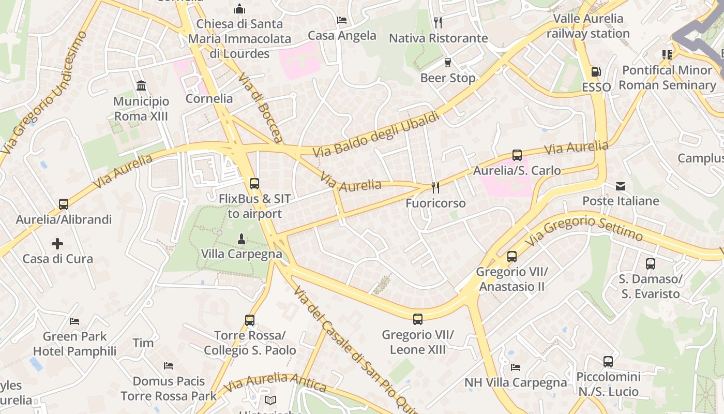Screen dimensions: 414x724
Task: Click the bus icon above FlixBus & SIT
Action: (254, 183)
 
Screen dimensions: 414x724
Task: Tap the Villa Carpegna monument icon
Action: (240, 239)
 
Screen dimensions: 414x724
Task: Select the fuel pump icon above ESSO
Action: (596, 72)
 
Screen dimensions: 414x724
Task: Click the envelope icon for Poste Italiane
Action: (620, 186)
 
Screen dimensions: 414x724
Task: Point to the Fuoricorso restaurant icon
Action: (435, 188)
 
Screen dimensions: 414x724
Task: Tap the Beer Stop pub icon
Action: (448, 63)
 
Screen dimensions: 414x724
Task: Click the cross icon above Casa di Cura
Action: (57, 243)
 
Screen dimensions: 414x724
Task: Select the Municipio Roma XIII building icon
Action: (141, 85)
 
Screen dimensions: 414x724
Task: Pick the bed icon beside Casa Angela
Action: (342, 20)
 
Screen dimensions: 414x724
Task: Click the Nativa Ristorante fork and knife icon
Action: (438, 23)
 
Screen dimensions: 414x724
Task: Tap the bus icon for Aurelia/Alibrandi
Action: (63, 204)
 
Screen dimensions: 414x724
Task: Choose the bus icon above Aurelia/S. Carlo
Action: (517, 155)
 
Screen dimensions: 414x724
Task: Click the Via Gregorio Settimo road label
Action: (584, 229)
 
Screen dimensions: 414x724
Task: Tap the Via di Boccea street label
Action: (260, 108)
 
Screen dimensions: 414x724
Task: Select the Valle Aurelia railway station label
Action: (588, 26)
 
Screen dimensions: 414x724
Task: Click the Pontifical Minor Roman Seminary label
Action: (667, 78)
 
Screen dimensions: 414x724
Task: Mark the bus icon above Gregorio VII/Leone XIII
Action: (417, 319)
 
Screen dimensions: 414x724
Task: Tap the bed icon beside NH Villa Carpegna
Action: (516, 367)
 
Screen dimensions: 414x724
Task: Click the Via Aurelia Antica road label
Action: (275, 382)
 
